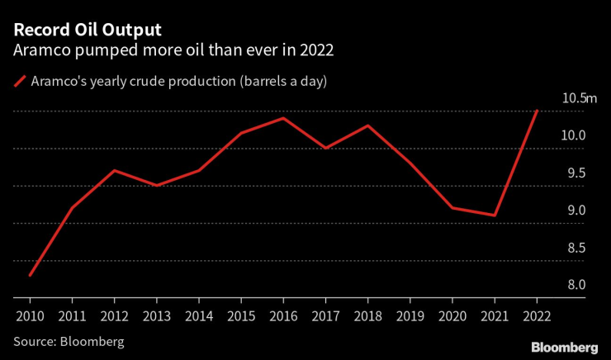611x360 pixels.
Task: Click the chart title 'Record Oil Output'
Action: (85, 30)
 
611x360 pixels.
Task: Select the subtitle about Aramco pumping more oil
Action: (173, 50)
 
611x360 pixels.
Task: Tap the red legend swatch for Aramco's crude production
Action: (19, 81)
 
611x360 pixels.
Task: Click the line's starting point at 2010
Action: (30, 275)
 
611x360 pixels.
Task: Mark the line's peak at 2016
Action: (283, 118)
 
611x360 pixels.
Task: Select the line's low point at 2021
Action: (495, 216)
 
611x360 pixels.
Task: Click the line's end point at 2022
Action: (537, 111)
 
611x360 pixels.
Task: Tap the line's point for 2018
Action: (368, 126)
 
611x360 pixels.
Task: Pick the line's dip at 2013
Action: (157, 186)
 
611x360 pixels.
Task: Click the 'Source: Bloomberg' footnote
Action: (68, 339)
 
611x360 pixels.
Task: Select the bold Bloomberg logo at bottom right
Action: (564, 346)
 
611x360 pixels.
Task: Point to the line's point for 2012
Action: (115, 170)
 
